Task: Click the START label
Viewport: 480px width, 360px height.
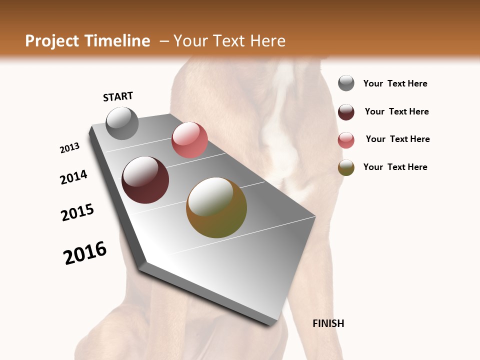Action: click(118, 96)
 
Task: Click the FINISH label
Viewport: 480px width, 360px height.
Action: click(328, 323)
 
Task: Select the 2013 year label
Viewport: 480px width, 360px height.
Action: click(69, 148)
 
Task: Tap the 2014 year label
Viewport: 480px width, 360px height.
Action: click(73, 177)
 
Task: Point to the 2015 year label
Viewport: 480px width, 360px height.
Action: click(77, 212)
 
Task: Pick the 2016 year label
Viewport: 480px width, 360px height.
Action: click(85, 252)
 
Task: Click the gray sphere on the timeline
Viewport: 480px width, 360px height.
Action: click(122, 123)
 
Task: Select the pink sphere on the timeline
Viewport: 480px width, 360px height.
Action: click(189, 139)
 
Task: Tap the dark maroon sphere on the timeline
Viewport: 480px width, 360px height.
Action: click(145, 180)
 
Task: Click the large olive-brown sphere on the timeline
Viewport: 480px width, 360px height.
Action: click(216, 207)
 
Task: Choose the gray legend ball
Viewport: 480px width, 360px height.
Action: click(346, 83)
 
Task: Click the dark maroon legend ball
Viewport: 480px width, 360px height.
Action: click(346, 112)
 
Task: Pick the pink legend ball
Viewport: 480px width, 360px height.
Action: click(346, 140)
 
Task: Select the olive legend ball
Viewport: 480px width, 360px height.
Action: click(346, 167)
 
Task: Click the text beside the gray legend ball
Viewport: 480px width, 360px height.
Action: click(395, 83)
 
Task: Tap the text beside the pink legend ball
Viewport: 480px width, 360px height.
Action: click(397, 139)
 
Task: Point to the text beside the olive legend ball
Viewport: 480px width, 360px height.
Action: click(395, 167)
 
